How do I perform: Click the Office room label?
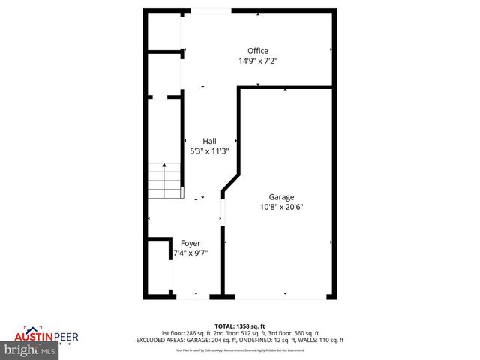(258, 51)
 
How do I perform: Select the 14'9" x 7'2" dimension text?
(258, 61)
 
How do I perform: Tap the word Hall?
(210, 141)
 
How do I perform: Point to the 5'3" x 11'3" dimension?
(210, 151)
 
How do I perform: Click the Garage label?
(282, 197)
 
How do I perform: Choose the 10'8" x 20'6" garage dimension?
(282, 207)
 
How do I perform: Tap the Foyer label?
(190, 243)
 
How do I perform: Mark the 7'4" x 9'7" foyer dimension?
(190, 253)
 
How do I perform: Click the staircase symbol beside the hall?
(164, 181)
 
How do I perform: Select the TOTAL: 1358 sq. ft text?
(240, 326)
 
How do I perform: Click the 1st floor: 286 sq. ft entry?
(184, 333)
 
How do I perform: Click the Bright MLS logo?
(31, 349)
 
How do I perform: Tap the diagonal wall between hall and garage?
(230, 184)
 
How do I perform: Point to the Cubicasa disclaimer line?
(240, 349)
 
